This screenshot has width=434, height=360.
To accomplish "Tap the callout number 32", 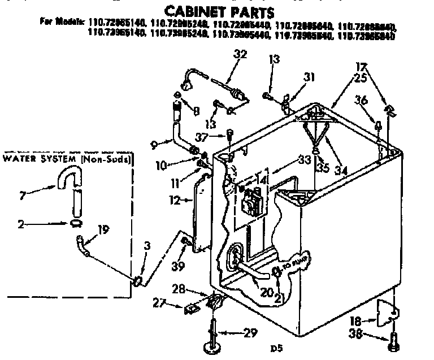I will [240, 54].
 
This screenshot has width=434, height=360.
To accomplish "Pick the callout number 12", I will [175, 199].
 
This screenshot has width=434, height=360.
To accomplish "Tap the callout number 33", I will [305, 159].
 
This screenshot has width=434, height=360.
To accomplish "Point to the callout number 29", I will [250, 332].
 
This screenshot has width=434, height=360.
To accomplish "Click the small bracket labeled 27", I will [190, 308].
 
